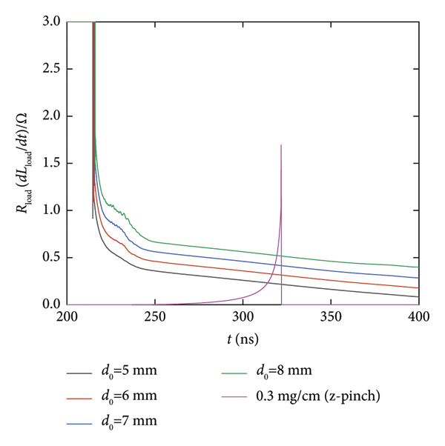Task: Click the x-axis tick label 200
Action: tap(67, 317)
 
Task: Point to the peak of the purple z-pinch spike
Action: tap(281, 145)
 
